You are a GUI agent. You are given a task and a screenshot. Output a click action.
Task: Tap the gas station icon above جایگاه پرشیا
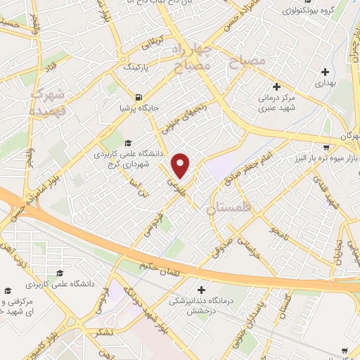tap(138, 97)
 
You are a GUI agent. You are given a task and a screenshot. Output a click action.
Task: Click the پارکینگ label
tap(136, 70)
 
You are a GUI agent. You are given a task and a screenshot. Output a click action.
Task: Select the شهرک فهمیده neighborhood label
tap(47, 102)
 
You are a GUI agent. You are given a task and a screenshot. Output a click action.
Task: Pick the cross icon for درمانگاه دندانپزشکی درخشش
tap(202, 289)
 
